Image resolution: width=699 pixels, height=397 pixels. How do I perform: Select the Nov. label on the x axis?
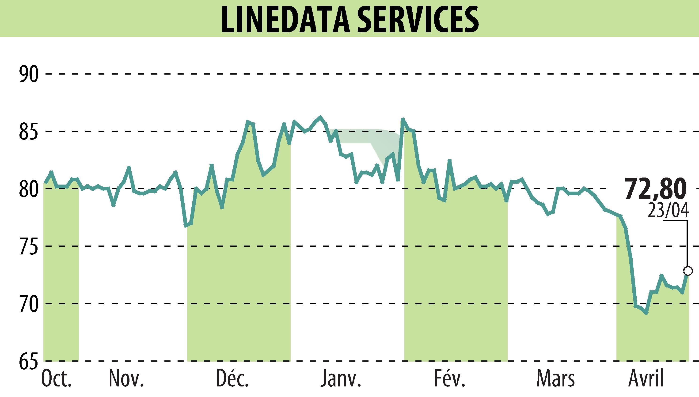click(x=126, y=379)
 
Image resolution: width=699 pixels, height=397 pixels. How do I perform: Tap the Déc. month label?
click(x=233, y=379)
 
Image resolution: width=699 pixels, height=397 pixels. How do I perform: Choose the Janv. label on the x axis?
click(x=341, y=379)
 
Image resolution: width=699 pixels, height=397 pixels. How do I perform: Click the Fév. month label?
click(x=449, y=379)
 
